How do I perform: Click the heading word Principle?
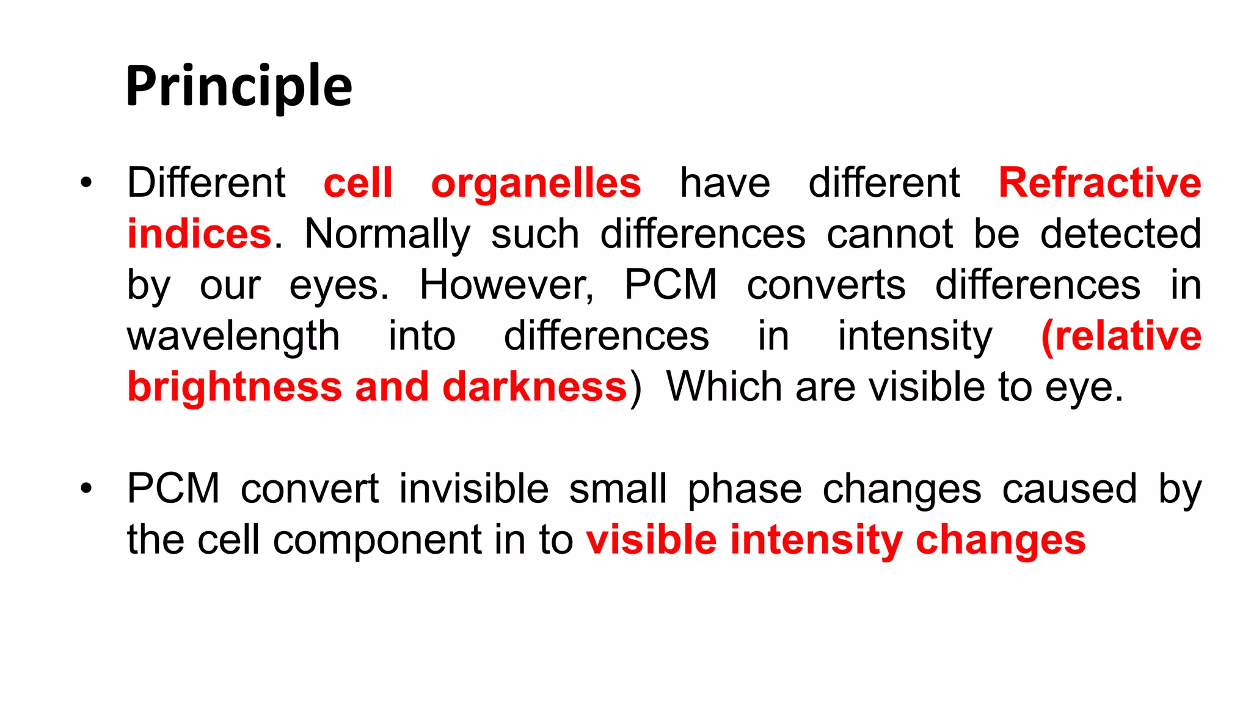coord(239,86)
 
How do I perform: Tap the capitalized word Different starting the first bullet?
coord(206,183)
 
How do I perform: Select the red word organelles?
coord(536,183)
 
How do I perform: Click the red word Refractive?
coord(1100,183)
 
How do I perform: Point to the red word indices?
coord(199,234)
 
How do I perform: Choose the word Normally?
coord(387,234)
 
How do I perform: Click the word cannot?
coord(889,234)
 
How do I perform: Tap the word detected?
coord(1120,234)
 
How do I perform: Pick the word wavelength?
coord(233,337)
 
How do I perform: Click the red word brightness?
coord(235,387)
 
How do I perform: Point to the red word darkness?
coord(534,387)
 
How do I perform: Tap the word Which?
coord(724,387)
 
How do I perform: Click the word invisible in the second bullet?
coord(473,489)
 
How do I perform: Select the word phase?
coord(745,490)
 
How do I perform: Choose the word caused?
coord(1070,489)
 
